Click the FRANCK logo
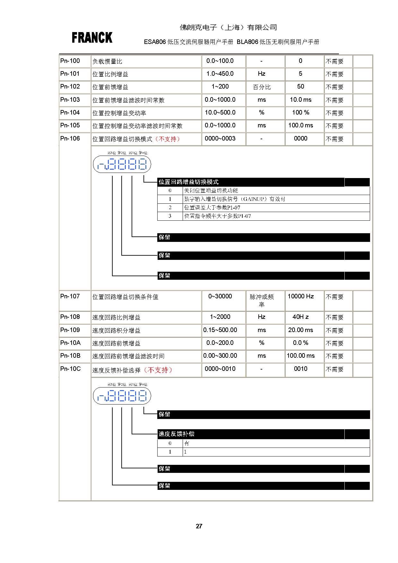92,38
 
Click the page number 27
199,526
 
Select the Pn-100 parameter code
70,61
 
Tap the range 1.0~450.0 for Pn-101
220,74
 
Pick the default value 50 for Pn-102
300,87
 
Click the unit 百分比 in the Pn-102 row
262,87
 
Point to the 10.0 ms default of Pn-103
300,100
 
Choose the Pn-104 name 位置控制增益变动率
119,113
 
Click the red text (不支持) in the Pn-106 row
167,139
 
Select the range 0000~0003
220,139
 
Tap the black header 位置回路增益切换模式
188,182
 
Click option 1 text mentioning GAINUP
234,199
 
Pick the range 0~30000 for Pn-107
220,296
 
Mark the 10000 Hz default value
300,296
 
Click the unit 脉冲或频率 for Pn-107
262,301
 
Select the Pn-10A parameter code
70,343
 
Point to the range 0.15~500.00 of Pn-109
220,330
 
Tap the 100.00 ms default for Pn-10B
300,356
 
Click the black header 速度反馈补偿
176,434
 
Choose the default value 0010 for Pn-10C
300,369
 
